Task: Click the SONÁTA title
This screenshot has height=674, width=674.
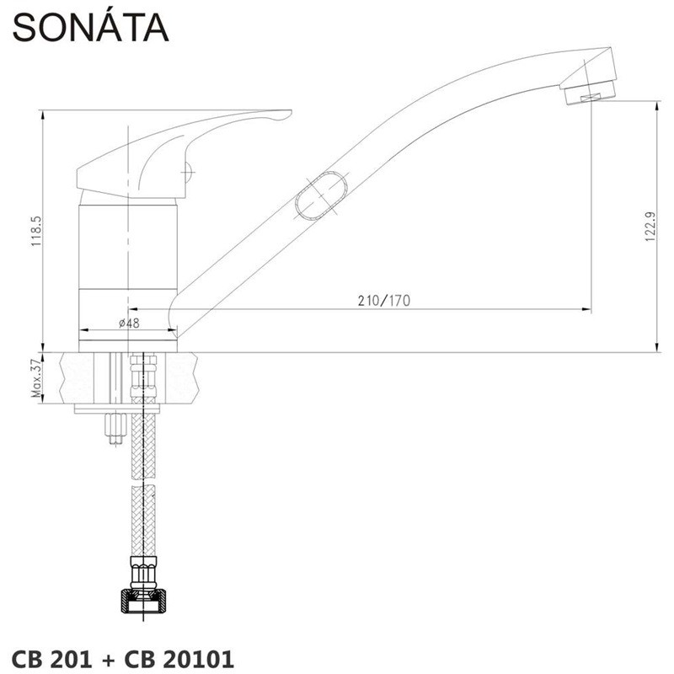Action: (x=91, y=27)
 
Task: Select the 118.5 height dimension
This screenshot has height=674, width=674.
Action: (x=36, y=231)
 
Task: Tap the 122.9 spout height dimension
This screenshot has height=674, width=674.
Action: (x=650, y=226)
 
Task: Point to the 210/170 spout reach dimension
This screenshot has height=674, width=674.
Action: (x=384, y=301)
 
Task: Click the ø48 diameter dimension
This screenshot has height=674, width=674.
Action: (x=129, y=323)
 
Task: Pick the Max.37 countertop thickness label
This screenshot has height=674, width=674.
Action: (x=37, y=377)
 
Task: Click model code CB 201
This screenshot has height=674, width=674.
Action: (x=51, y=659)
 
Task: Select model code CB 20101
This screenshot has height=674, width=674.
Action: (x=179, y=659)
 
